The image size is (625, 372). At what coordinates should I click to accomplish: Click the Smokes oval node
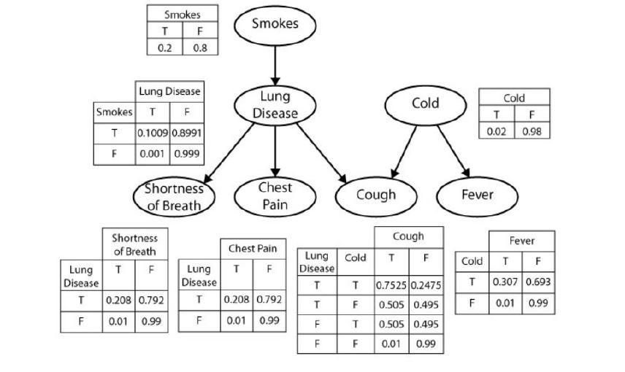click(x=275, y=24)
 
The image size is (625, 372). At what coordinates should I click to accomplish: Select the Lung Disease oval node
click(x=275, y=105)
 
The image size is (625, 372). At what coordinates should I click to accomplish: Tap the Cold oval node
click(x=425, y=104)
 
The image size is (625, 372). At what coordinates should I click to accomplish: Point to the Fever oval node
click(x=477, y=195)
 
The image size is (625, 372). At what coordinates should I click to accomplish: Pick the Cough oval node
click(x=376, y=195)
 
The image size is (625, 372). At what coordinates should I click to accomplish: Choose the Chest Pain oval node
click(x=275, y=195)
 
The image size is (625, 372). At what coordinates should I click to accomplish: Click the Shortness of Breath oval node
click(x=174, y=196)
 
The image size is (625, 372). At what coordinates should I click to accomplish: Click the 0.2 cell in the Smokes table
click(x=164, y=48)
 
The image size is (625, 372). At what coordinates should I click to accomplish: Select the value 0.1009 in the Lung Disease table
click(x=153, y=133)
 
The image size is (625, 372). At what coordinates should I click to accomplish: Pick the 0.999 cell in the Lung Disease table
click(x=187, y=154)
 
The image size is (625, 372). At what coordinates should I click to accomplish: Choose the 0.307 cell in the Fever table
click(x=505, y=282)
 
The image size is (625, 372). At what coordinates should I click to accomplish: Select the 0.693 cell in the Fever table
click(x=537, y=282)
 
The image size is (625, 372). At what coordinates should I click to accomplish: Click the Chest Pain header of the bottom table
click(x=252, y=248)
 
